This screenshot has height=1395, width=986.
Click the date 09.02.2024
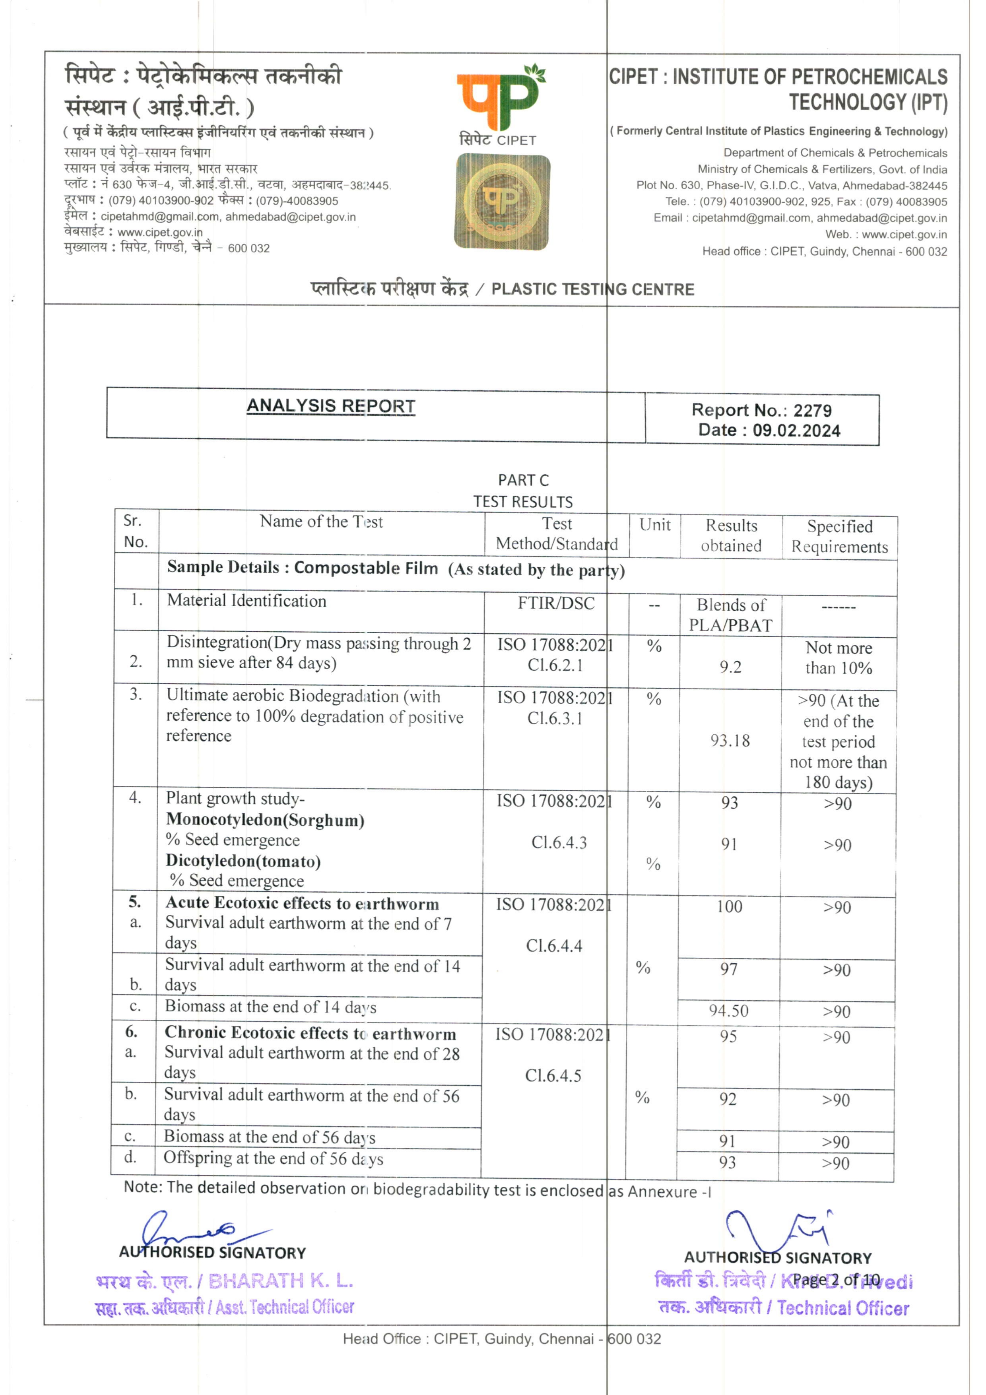(x=796, y=431)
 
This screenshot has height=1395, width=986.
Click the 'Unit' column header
(x=655, y=525)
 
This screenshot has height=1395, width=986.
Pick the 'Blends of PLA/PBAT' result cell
(x=730, y=615)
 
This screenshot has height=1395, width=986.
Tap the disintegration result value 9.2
(x=730, y=667)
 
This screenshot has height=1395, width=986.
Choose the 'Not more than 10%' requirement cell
(x=838, y=658)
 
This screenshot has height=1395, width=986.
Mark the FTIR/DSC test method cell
(x=556, y=603)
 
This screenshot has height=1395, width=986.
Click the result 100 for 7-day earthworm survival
(x=729, y=906)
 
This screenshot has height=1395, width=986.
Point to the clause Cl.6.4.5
(x=553, y=1075)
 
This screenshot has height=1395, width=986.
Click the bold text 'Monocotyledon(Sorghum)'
(x=266, y=820)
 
